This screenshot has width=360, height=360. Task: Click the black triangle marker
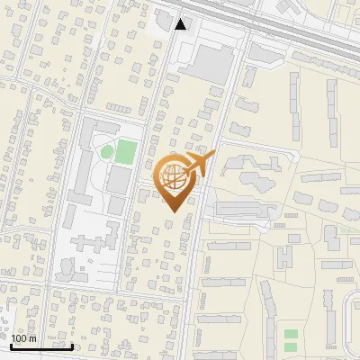(181, 24)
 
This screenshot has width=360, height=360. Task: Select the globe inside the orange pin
(175, 177)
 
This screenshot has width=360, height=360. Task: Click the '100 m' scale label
(24, 338)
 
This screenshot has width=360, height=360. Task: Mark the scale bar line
(41, 346)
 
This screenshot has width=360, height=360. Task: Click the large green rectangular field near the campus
(126, 151)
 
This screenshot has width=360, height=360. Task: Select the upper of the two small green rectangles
(291, 335)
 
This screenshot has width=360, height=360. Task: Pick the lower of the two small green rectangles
(291, 346)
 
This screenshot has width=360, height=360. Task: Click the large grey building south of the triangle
(210, 63)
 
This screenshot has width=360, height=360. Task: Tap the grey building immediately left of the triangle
(163, 18)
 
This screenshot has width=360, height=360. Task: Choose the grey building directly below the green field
(117, 180)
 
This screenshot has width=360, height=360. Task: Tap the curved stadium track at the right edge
(352, 315)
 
